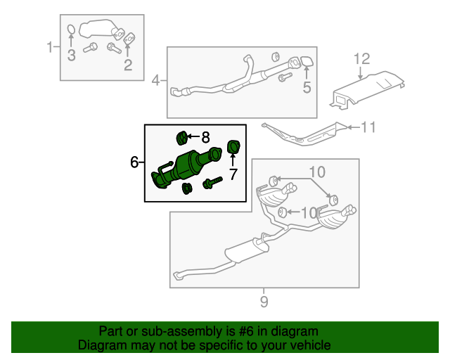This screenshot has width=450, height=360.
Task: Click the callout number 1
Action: tap(50, 48)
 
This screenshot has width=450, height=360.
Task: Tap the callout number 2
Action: tap(128, 66)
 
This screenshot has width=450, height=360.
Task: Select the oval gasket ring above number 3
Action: tap(72, 30)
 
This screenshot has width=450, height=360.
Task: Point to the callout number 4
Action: tap(156, 81)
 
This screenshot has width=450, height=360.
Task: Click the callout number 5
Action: tap(307, 87)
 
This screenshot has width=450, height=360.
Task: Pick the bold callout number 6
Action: tap(134, 162)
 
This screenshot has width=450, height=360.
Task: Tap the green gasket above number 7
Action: tap(233, 147)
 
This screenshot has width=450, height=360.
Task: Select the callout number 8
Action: tap(205, 136)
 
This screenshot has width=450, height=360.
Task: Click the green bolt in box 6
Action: tap(212, 184)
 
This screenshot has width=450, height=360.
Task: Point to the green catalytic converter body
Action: tap(191, 167)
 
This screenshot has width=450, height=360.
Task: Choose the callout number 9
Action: tap(263, 303)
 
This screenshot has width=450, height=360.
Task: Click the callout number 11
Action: tap(369, 127)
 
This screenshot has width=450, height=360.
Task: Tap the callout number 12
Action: tap(361, 58)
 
